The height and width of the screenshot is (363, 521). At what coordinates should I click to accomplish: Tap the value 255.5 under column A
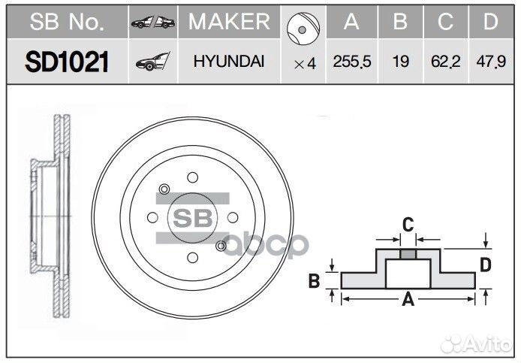pos(351,63)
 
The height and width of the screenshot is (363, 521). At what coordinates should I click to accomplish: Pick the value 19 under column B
pos(400,63)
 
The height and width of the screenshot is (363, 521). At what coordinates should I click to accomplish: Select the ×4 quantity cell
pos(304,64)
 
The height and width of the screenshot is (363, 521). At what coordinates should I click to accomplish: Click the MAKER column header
pos(228,23)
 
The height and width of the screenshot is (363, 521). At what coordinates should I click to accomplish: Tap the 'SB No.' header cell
pos(67,23)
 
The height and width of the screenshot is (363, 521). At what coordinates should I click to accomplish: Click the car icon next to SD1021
pos(152,63)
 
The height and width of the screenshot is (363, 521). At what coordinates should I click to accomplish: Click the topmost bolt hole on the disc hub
pos(192,177)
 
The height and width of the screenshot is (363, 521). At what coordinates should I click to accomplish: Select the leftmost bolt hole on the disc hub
pos(152,217)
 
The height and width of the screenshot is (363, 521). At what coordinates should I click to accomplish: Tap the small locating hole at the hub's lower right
pos(220,247)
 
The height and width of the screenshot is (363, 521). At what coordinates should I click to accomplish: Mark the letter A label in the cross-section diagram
pos(408,301)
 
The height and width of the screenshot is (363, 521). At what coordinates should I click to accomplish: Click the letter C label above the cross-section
pos(408,223)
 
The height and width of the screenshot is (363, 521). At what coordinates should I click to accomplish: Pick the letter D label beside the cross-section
pos(486,264)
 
